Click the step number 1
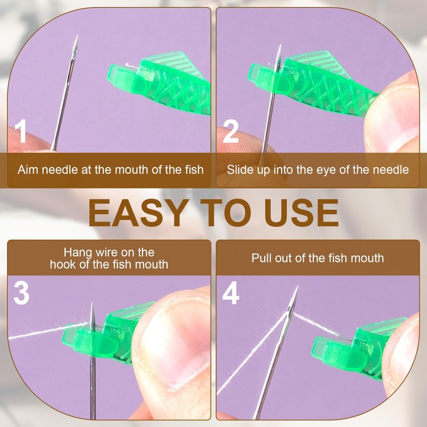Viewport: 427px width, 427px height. pyautogui.click(x=20, y=131)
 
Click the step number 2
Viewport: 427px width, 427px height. pyautogui.click(x=230, y=131)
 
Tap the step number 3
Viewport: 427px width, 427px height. pyautogui.click(x=21, y=294)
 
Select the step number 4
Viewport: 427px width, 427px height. pyautogui.click(x=231, y=294)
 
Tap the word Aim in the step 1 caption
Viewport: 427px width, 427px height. pyautogui.click(x=27, y=170)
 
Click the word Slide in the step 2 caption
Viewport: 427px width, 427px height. pyautogui.click(x=239, y=170)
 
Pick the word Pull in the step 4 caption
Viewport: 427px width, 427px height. pyautogui.click(x=261, y=258)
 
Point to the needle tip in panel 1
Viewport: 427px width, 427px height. pyautogui.click(x=77, y=37)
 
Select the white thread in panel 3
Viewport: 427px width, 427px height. pyautogui.click(x=43, y=332)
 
